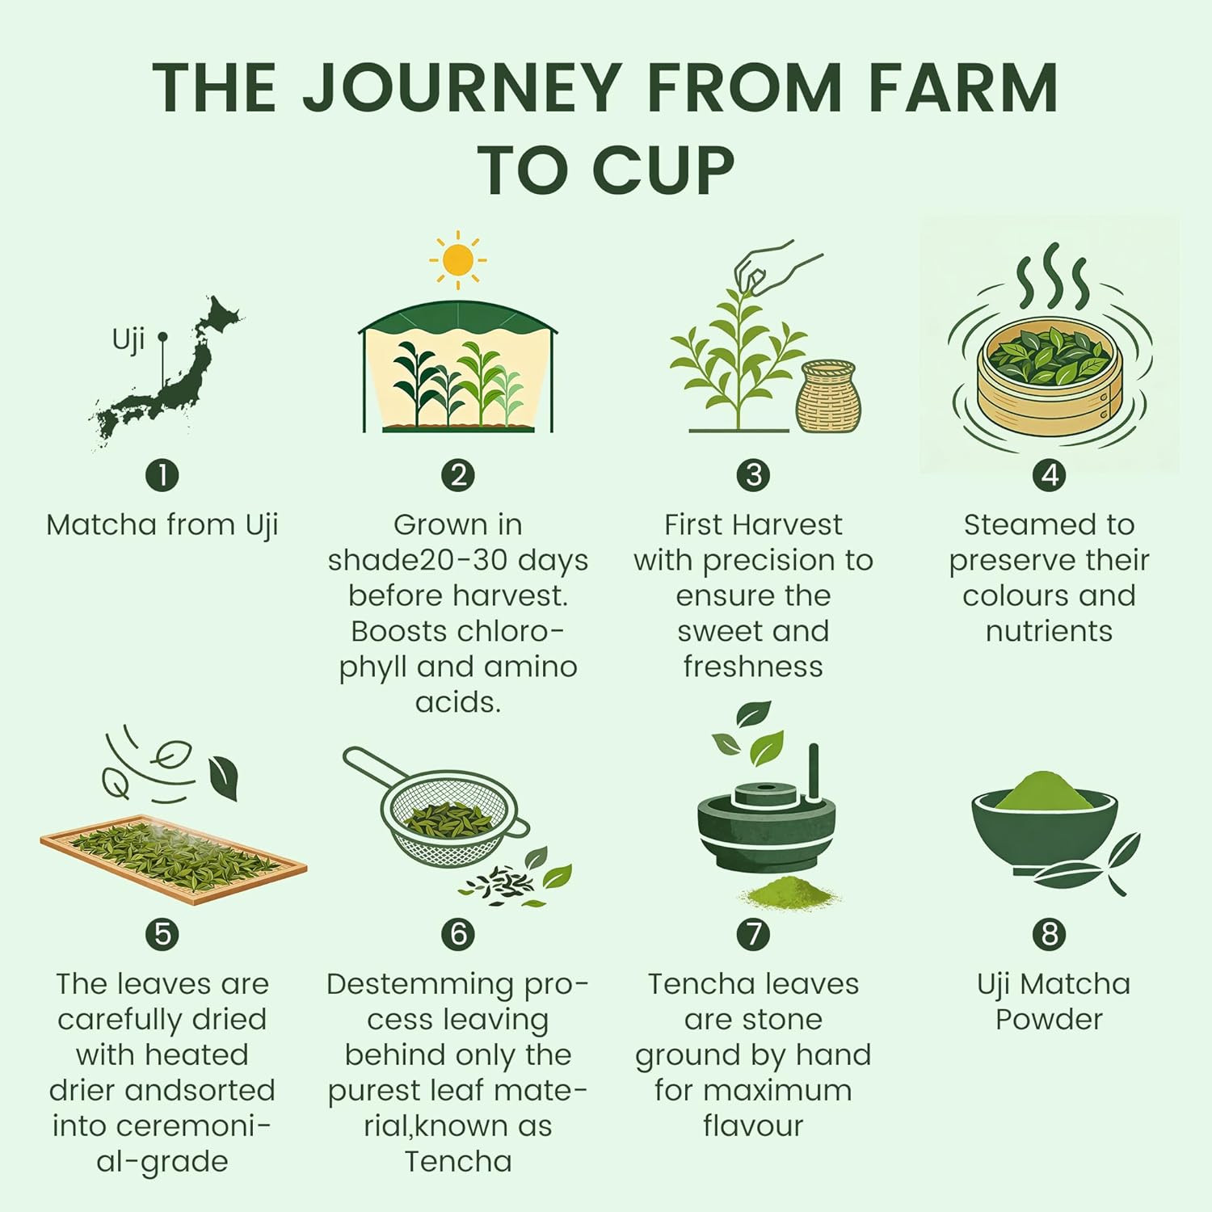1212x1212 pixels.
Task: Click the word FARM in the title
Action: (964, 87)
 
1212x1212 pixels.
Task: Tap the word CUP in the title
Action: (663, 170)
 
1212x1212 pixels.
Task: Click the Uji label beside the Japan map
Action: (128, 339)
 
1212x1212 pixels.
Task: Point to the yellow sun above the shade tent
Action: (458, 259)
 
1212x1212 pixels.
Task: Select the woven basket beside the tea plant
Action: (828, 397)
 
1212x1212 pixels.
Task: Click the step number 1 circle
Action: (162, 475)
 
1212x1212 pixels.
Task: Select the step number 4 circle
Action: (1050, 475)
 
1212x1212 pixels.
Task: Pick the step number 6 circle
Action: (458, 934)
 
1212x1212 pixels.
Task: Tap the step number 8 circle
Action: (1050, 934)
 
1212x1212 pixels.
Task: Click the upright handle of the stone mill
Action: (814, 772)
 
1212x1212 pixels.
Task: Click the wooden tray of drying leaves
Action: (174, 859)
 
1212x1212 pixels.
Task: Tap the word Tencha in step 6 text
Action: (458, 1161)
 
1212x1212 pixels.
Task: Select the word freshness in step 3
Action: (753, 667)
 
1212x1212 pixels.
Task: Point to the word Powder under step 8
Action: (1049, 1020)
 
